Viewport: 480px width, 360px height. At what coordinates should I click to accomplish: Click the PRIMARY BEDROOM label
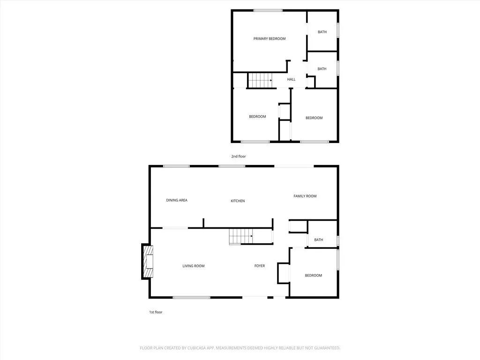(x=270, y=39)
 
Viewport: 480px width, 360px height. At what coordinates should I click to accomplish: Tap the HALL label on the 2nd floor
(x=291, y=80)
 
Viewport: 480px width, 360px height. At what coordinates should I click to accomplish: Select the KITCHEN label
(x=238, y=201)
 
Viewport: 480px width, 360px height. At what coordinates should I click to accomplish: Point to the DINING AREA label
(x=177, y=200)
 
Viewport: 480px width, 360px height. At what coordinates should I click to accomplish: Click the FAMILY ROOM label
(x=305, y=196)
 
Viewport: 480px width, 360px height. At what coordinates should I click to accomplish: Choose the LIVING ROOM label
(x=194, y=266)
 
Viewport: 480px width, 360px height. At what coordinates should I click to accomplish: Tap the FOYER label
(x=260, y=266)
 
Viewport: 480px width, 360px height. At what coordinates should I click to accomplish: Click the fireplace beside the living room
(x=148, y=262)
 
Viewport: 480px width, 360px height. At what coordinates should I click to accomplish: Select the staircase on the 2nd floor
(x=260, y=80)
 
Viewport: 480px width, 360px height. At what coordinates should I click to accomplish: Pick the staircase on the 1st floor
(x=241, y=236)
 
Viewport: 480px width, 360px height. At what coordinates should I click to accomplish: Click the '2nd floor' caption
(x=239, y=157)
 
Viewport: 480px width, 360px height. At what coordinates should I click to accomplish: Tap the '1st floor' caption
(x=155, y=312)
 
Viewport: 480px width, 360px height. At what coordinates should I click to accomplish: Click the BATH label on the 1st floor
(x=319, y=240)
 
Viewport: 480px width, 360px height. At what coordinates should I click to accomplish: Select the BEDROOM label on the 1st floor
(x=314, y=276)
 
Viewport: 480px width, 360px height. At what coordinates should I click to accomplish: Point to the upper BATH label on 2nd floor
(x=322, y=32)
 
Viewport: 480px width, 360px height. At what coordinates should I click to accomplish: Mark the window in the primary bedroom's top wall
(x=268, y=10)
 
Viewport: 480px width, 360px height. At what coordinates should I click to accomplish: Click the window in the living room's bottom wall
(x=191, y=297)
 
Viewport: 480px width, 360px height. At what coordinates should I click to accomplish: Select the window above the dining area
(x=176, y=166)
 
